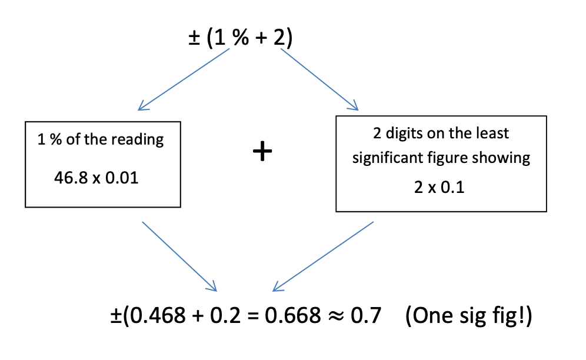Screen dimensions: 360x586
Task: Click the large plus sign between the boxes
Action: click(262, 152)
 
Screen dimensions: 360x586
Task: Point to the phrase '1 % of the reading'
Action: click(101, 140)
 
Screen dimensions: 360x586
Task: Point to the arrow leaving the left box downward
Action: click(179, 256)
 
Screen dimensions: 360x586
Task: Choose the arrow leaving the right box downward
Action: click(323, 256)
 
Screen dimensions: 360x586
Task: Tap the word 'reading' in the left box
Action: click(140, 140)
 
